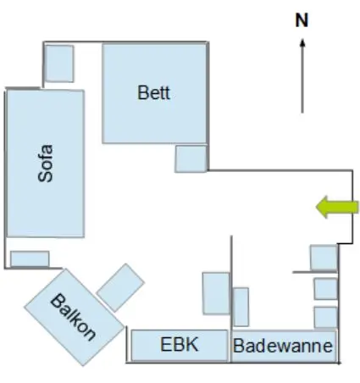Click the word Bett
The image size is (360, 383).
(x=154, y=92)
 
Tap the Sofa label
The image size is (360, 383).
(x=46, y=164)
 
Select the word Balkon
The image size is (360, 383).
(x=73, y=317)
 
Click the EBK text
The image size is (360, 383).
(x=180, y=345)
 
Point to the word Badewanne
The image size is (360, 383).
(x=283, y=346)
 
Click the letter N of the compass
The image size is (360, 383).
(x=302, y=20)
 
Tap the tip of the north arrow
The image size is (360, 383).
(x=302, y=39)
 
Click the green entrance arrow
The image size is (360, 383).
(x=337, y=207)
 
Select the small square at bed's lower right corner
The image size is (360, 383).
(x=191, y=158)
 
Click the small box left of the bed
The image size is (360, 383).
(x=59, y=64)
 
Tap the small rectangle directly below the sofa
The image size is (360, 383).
(x=30, y=258)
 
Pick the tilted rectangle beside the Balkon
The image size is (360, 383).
(x=120, y=287)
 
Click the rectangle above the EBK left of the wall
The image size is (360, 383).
(x=216, y=293)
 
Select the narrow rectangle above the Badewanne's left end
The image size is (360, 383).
(x=241, y=307)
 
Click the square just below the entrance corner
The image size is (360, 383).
(x=324, y=258)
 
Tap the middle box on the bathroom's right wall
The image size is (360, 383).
(x=325, y=289)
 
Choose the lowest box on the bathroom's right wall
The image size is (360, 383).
(x=325, y=317)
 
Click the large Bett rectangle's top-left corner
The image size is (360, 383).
(x=102, y=44)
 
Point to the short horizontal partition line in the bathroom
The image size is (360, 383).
(x=315, y=272)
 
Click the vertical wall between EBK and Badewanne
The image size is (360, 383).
(x=231, y=299)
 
